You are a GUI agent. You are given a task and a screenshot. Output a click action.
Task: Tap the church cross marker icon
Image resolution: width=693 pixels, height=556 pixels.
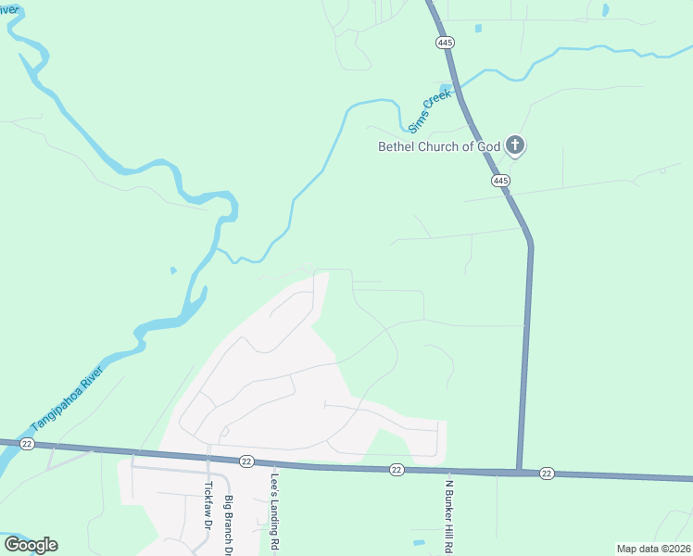pyautogui.click(x=516, y=145)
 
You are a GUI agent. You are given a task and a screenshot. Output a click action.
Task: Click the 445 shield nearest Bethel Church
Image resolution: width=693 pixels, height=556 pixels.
pyautogui.click(x=500, y=181)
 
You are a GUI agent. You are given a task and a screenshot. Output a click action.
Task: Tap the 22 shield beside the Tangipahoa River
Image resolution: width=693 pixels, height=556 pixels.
pyautogui.click(x=27, y=445)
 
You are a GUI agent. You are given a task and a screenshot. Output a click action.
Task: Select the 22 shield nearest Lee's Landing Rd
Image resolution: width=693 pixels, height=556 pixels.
pyautogui.click(x=246, y=461)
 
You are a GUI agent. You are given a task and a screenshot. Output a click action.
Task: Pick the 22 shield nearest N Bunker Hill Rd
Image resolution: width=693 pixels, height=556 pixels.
pyautogui.click(x=397, y=470)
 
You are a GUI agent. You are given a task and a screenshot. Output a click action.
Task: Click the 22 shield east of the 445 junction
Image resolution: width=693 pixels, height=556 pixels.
pyautogui.click(x=547, y=474)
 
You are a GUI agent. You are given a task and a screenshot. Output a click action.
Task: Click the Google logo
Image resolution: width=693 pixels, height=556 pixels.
pyautogui.click(x=31, y=545)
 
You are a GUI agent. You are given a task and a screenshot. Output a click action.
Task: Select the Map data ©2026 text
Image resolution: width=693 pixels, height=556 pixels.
pyautogui.click(x=653, y=549)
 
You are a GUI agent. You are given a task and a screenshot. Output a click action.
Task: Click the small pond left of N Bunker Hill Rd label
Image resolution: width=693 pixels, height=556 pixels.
pyautogui.click(x=419, y=542)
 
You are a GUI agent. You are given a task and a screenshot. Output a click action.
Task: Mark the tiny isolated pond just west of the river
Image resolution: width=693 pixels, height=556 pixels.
pyautogui.click(x=172, y=271)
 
